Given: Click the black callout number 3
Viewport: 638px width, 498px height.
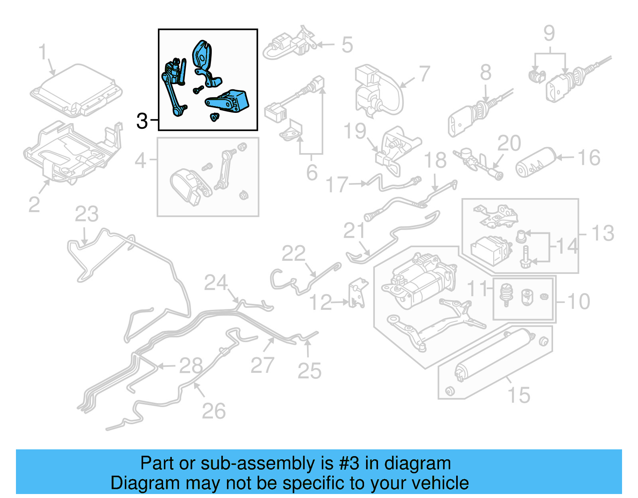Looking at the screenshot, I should [x=142, y=121].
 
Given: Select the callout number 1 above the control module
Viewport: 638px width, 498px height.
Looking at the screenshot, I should [x=43, y=53].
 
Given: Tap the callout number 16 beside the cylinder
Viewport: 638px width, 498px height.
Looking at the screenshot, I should [x=589, y=158].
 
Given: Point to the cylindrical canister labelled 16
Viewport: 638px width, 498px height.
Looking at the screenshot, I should [x=536, y=163].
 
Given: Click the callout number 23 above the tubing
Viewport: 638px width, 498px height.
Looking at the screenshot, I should [x=87, y=215].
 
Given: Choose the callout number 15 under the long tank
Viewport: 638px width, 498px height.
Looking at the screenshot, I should [x=519, y=395].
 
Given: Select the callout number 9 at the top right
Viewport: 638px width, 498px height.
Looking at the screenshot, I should [x=549, y=33].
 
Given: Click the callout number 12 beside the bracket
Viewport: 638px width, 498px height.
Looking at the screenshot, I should [x=320, y=303].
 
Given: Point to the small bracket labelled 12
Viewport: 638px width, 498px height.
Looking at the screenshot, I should [x=357, y=294].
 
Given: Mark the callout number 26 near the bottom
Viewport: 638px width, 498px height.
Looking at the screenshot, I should [x=214, y=411].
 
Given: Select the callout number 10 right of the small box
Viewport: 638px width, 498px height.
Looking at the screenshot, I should [x=578, y=301].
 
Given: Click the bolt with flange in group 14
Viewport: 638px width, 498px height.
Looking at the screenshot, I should [x=526, y=257].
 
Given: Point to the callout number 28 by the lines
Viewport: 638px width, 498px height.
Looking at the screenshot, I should [x=191, y=365].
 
